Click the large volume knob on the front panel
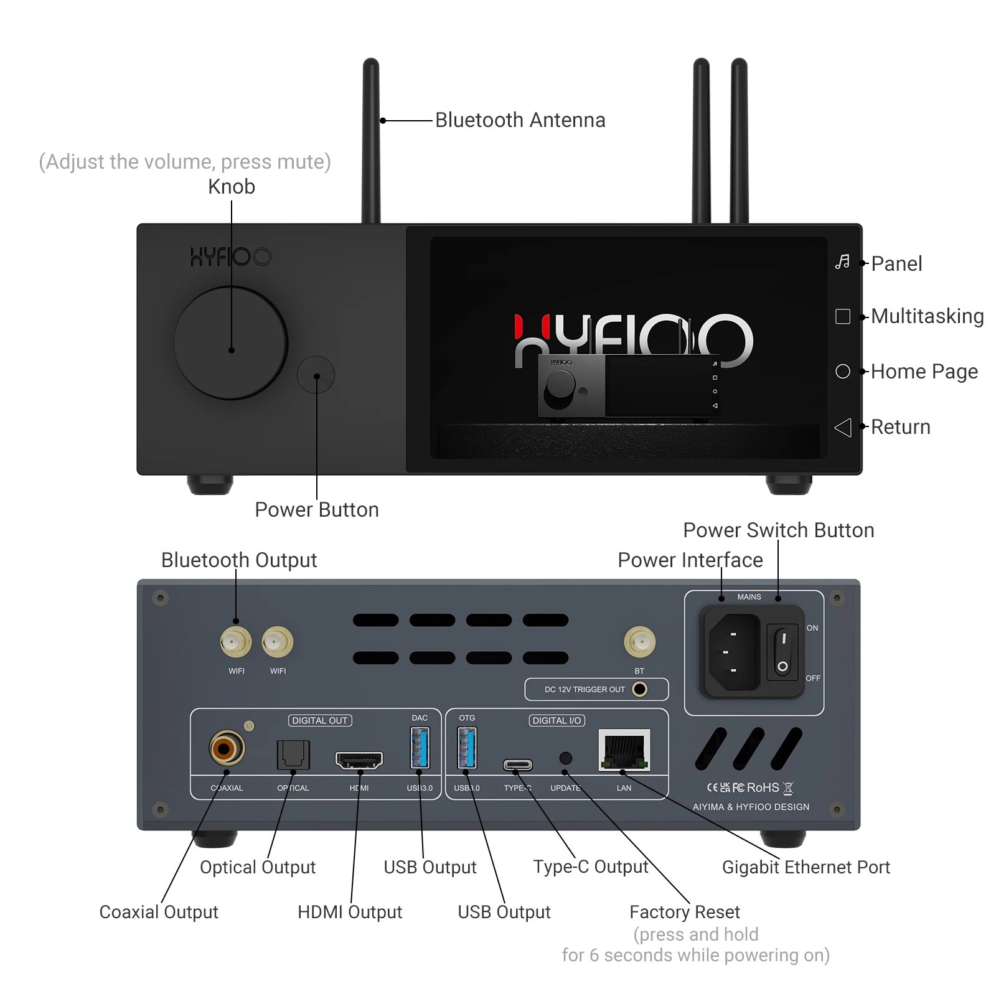tap(231, 343)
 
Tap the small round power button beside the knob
tap(316, 375)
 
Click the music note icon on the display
tap(842, 261)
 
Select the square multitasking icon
tap(843, 316)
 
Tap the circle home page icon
tap(843, 371)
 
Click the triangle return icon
tap(843, 427)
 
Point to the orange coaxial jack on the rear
tap(227, 748)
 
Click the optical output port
tap(293, 754)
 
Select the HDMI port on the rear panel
tap(359, 760)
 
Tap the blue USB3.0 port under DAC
tap(420, 747)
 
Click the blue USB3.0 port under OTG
tap(467, 747)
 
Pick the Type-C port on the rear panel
tap(518, 764)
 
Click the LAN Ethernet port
tap(624, 750)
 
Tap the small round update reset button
tap(565, 758)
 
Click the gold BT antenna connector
tap(639, 642)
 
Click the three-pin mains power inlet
tap(734, 652)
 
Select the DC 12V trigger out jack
tap(639, 689)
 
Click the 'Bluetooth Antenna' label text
tap(520, 120)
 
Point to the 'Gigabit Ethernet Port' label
tap(806, 867)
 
